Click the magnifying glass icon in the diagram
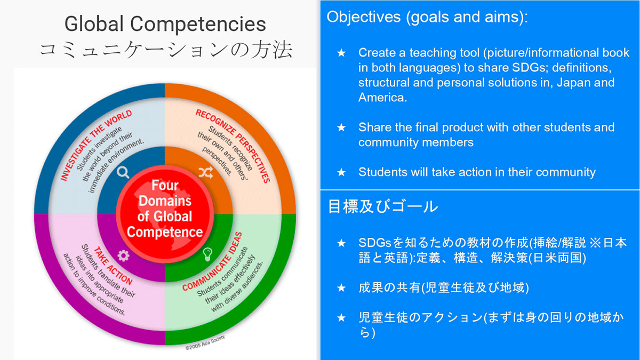tap(123, 173)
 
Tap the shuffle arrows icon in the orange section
tap(206, 172)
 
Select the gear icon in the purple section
tap(123, 255)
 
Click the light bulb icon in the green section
tap(207, 254)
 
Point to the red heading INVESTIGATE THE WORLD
tap(96, 145)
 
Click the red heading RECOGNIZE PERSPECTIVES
tap(233, 146)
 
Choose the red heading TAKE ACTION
tap(113, 266)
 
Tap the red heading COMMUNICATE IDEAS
tap(212, 262)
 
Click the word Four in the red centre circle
tap(165, 185)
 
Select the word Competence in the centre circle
tap(165, 231)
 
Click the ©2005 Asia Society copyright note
tap(205, 342)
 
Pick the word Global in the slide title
tap(94, 23)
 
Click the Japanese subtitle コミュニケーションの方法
tap(166, 49)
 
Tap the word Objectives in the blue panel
tap(363, 17)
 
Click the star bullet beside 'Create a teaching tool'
tap(341, 53)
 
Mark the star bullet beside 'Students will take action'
tap(341, 172)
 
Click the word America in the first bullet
tap(382, 98)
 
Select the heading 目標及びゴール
tap(382, 206)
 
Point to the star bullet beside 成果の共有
tap(341, 287)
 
